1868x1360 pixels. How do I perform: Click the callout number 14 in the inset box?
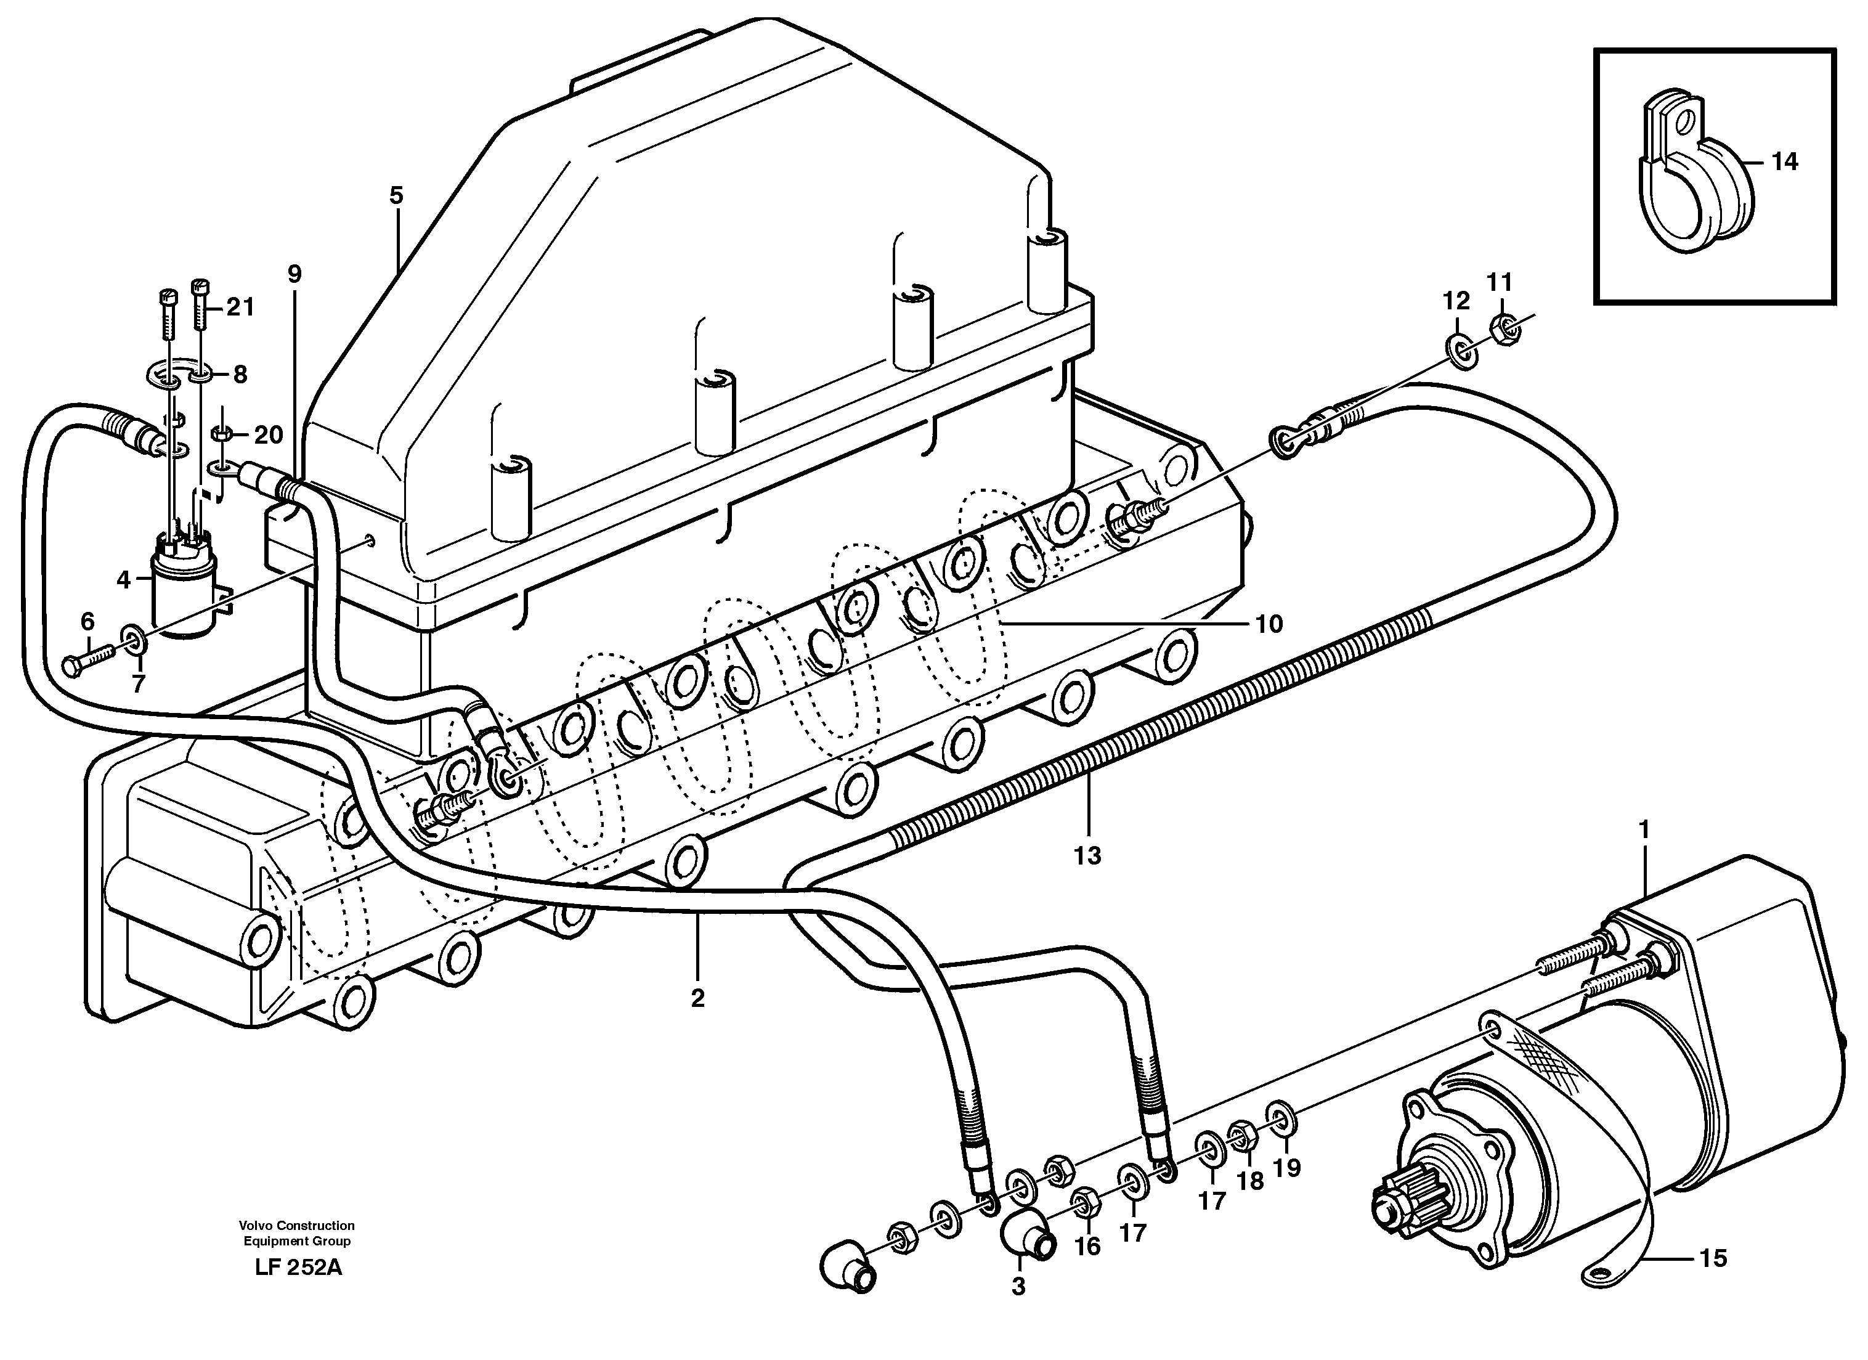(1784, 162)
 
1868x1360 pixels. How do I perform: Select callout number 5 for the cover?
(396, 196)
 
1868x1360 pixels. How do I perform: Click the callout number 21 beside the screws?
(240, 307)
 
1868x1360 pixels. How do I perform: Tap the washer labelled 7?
(132, 638)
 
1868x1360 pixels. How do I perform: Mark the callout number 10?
(1269, 624)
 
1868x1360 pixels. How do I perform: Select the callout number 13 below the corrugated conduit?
(1087, 856)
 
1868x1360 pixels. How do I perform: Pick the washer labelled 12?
(1462, 352)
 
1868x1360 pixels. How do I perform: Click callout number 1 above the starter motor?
(1644, 830)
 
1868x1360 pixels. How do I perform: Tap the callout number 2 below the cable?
(697, 999)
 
